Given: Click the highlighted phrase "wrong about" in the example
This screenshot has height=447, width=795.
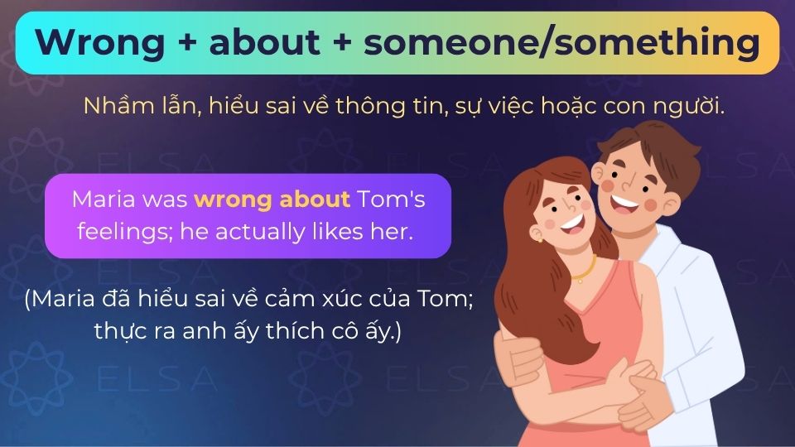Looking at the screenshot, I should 272,199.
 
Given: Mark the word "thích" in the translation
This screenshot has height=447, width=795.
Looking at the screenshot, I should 289,332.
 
